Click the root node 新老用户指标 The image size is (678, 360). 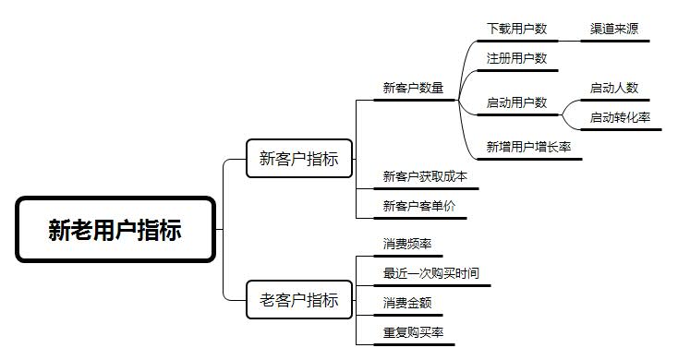(x=115, y=229)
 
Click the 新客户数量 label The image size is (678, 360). (x=413, y=89)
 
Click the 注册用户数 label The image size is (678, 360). (x=517, y=58)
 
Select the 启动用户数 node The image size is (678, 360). (x=517, y=102)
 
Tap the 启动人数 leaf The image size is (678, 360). (x=614, y=89)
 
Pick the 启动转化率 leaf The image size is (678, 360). (x=621, y=117)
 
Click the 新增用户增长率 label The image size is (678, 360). (x=529, y=147)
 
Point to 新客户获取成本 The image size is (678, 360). (x=425, y=176)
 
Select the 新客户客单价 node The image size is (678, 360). (x=419, y=206)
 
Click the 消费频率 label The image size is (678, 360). (x=407, y=245)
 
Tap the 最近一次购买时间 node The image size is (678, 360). (x=431, y=273)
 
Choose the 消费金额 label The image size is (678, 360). (x=407, y=302)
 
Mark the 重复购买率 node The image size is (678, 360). (x=414, y=331)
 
